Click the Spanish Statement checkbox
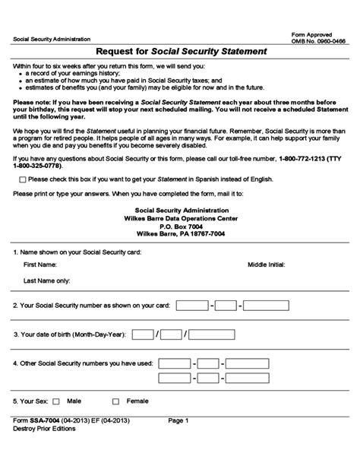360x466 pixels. click(23, 179)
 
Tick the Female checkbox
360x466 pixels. click(116, 400)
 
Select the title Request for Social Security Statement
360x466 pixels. click(180, 52)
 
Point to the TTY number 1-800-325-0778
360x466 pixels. click(39, 165)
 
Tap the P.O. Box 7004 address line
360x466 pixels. click(180, 227)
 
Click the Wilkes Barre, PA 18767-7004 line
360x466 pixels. click(180, 234)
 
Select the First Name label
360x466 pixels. click(40, 265)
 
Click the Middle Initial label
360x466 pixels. click(266, 265)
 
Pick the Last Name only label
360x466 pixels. click(47, 281)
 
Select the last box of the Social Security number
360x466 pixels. click(266, 306)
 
